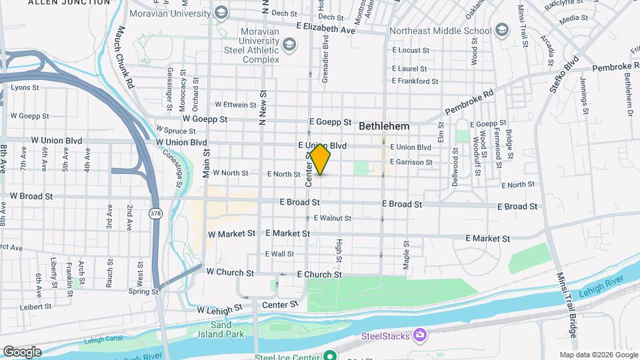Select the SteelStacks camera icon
pyautogui.click(x=419, y=334)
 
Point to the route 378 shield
pyautogui.click(x=155, y=213)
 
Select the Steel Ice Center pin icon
pyautogui.click(x=329, y=356)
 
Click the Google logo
pyautogui.click(x=21, y=351)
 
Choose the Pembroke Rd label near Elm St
pyautogui.click(x=469, y=101)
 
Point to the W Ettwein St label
pyautogui.click(x=235, y=105)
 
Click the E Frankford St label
pyautogui.click(x=415, y=81)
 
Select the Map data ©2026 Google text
pyautogui.click(x=599, y=355)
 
